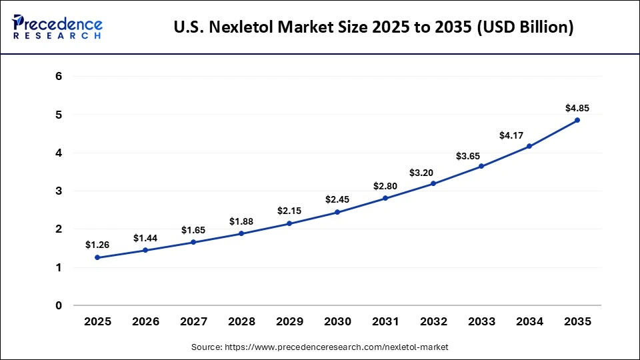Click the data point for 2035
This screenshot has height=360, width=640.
coord(577,120)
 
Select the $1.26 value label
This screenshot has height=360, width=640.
coord(97,245)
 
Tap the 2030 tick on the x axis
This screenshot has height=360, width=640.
coord(337,321)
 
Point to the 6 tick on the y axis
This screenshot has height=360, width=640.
coord(59,77)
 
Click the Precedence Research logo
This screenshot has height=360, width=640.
coord(57,27)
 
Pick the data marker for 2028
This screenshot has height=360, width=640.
coord(241,233)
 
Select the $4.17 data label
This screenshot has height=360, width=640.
coord(511,135)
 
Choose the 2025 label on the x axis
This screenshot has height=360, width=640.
coord(97,321)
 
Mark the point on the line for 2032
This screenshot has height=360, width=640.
coord(433,183)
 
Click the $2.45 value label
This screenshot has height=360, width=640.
coord(337,199)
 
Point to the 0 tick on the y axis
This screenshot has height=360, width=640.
coord(59,306)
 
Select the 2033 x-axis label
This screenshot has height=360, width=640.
coord(481,321)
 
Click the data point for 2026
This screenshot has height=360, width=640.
coord(145,251)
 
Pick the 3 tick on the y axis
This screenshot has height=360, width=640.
coord(59,191)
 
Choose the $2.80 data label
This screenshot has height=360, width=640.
coord(385,186)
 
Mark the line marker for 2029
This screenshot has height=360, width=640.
coord(289,223)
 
